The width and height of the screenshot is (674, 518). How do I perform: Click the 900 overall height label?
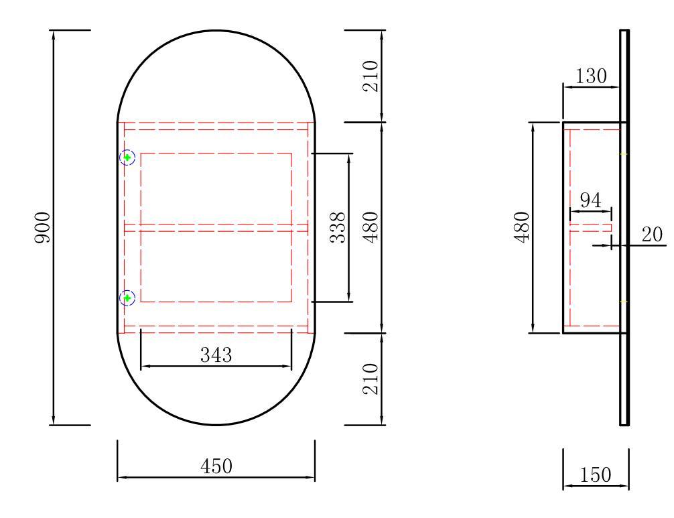point(43,227)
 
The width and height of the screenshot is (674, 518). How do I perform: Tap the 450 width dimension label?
point(216,466)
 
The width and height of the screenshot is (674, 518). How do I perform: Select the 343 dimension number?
point(216,355)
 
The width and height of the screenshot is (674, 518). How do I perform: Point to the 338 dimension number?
point(338,227)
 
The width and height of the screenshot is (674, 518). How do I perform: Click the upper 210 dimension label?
point(370,76)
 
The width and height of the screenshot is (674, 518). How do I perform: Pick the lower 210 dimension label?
point(370,379)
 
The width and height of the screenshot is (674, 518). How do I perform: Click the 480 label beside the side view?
point(522,227)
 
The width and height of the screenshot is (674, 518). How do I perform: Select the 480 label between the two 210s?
point(370,227)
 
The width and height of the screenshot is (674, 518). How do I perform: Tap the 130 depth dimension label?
point(591,76)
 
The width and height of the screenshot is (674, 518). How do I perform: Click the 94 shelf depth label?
point(591,200)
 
